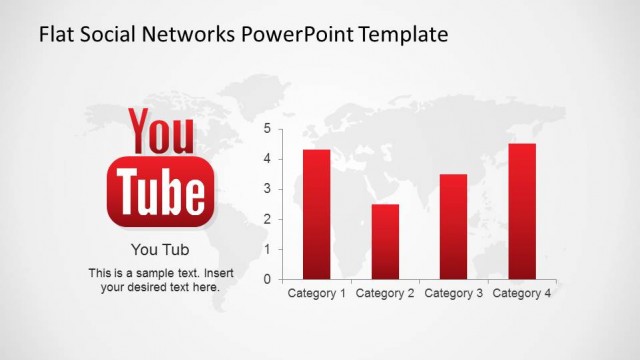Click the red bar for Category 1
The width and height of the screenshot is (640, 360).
click(316, 214)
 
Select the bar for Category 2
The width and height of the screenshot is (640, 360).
click(385, 241)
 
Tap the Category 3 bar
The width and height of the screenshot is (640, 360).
click(453, 226)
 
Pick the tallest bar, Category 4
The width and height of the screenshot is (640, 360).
click(522, 211)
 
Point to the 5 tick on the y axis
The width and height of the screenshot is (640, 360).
click(267, 128)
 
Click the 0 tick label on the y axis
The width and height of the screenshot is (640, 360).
click(267, 279)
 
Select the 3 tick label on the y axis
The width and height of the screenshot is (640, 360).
click(267, 189)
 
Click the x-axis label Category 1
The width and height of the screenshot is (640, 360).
click(316, 294)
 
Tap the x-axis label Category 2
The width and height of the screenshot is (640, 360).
click(385, 294)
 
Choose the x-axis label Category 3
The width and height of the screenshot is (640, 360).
click(453, 294)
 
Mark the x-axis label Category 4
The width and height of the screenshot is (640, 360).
click(522, 294)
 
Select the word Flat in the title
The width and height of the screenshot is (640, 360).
click(57, 35)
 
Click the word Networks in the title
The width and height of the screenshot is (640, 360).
click(194, 35)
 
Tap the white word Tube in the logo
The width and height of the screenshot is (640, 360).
click(160, 190)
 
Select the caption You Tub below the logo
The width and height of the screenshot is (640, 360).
click(160, 250)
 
